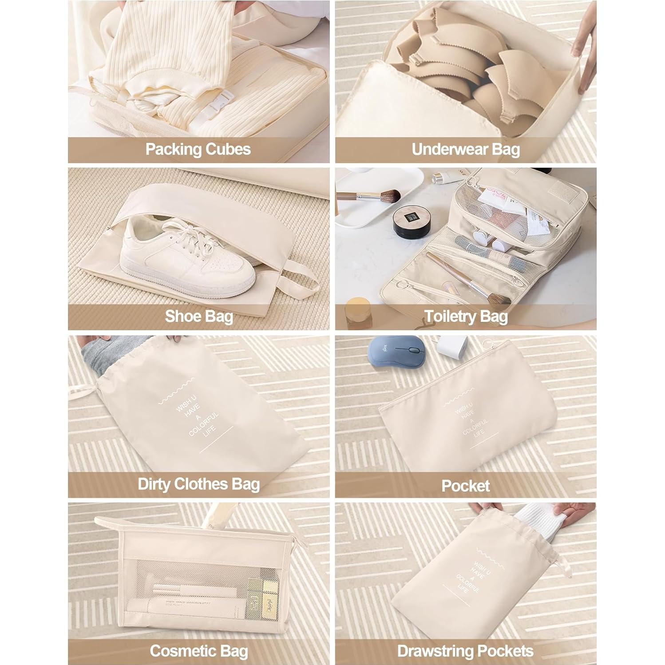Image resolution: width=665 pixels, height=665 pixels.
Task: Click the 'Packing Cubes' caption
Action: (x=198, y=149)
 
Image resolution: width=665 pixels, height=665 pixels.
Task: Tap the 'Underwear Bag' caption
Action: (x=466, y=149)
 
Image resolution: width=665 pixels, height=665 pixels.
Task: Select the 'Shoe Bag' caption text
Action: (x=199, y=317)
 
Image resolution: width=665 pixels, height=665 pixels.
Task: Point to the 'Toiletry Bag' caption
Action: (x=466, y=317)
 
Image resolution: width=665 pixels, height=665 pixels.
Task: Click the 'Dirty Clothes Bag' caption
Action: (x=198, y=484)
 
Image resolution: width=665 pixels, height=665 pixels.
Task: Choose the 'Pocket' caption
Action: (x=466, y=486)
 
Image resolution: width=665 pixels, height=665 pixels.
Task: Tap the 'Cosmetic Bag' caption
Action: (x=198, y=651)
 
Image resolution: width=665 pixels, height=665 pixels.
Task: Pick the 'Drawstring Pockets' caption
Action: (x=466, y=651)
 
